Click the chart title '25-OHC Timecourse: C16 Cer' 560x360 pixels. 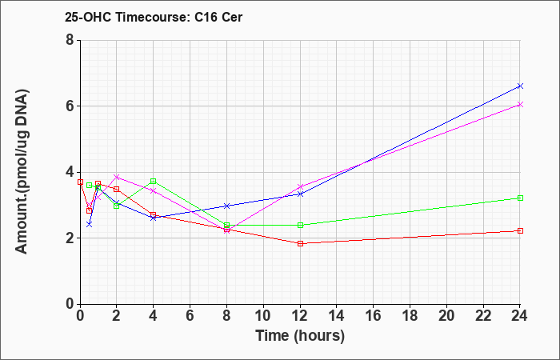154,17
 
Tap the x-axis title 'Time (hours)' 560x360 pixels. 300,336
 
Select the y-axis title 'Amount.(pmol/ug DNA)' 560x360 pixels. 22,172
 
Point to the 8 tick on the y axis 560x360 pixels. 70,40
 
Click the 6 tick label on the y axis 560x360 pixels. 70,106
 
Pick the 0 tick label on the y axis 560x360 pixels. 70,304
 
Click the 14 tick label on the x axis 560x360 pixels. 337,316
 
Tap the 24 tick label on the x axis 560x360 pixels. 520,316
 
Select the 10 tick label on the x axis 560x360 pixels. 263,316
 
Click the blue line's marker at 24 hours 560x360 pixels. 520,86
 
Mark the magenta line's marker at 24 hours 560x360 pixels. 520,104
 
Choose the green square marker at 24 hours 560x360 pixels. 520,198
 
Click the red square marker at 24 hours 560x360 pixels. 520,230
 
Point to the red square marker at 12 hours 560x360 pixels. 300,243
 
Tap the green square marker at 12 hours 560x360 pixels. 300,225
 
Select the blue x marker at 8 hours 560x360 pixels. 226,206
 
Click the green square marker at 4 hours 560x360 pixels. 154,181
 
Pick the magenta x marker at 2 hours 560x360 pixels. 117,177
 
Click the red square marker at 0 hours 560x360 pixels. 80,182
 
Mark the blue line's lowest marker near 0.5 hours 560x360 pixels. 90,224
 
